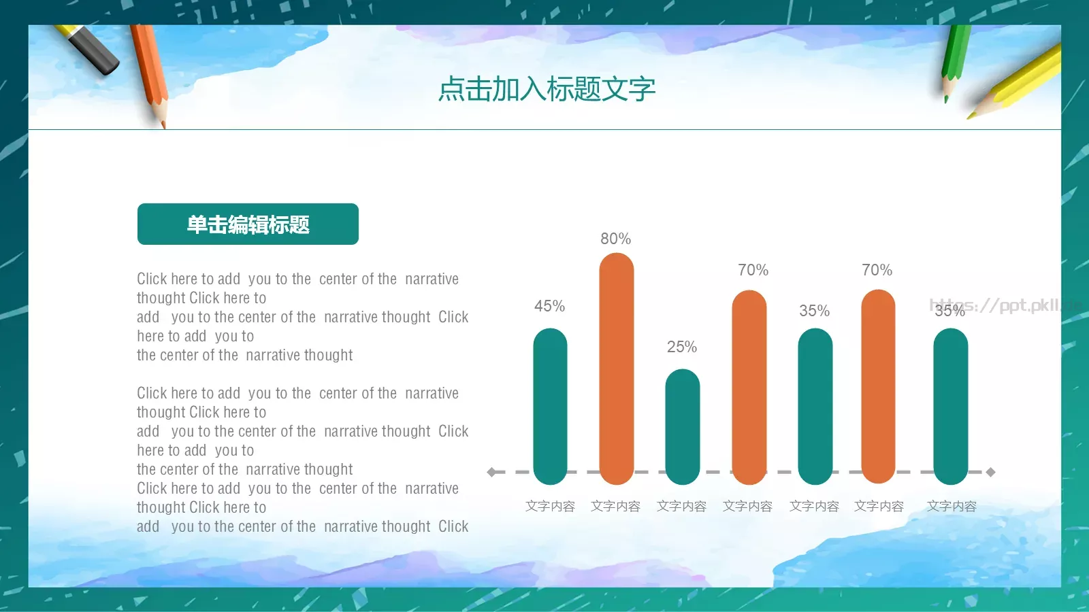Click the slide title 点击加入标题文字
pos(547,89)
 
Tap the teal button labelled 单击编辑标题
pos(248,224)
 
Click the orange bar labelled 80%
pos(616,367)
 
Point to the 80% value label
pos(615,239)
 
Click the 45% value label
pos(549,306)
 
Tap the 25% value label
pos(681,347)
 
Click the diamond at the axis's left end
pos(491,472)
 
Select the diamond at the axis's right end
pos(991,472)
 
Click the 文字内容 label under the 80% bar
pos(615,507)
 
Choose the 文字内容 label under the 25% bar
pos(681,507)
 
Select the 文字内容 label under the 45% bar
pos(550,507)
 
